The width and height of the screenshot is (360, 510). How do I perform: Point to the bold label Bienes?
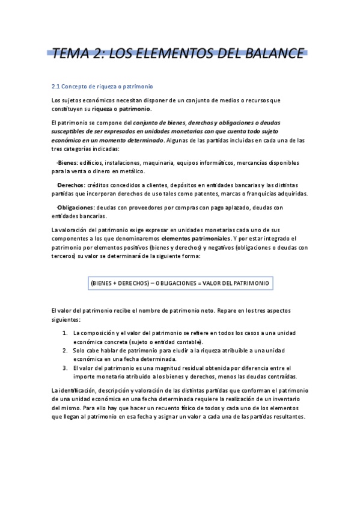point(68,163)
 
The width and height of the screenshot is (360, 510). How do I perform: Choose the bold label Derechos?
point(71,185)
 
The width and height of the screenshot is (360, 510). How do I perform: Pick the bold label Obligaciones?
point(76,207)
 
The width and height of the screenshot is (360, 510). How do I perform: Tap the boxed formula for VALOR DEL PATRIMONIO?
point(180,283)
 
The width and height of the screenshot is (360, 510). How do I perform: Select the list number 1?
point(66,333)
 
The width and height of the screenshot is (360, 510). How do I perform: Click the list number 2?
point(66,350)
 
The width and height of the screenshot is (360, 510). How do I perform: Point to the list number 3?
point(66,367)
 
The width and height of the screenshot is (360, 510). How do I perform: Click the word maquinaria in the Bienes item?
point(159,163)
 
